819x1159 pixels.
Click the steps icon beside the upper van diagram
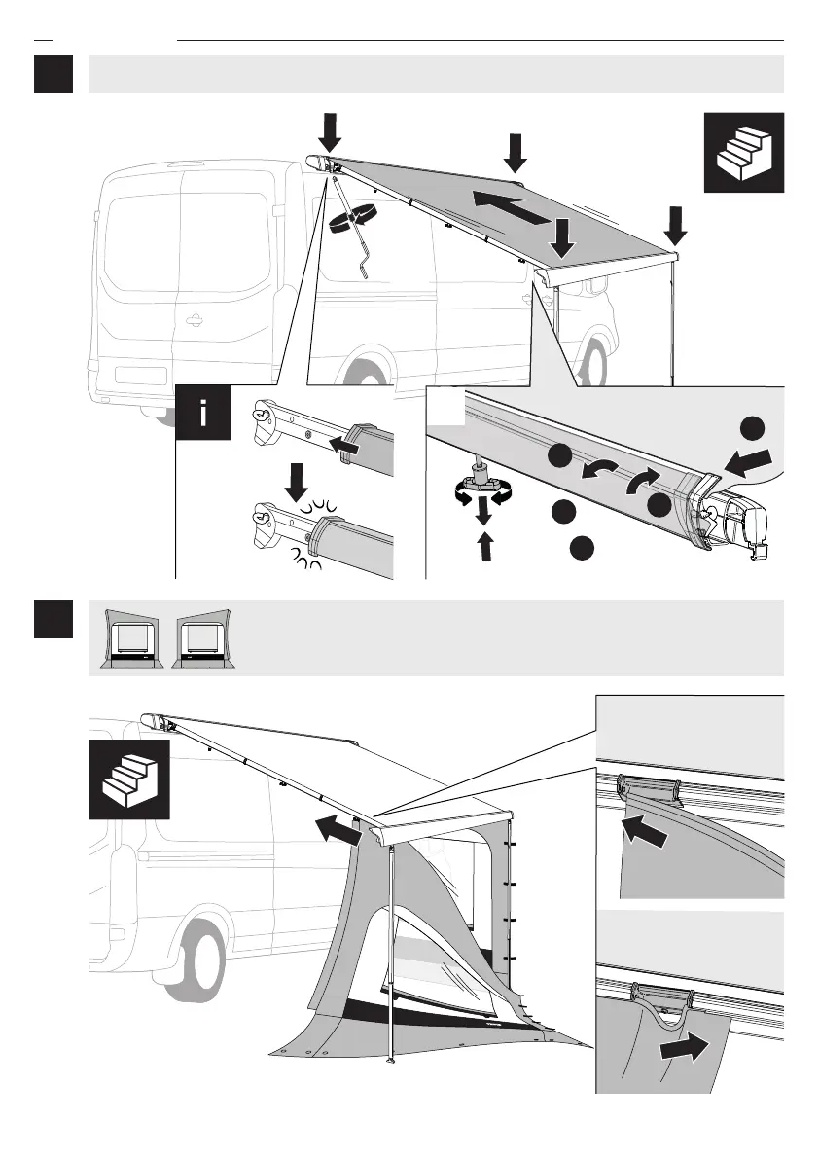[x=744, y=151]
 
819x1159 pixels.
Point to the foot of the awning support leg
[x=390, y=1057]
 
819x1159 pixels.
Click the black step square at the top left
[x=53, y=74]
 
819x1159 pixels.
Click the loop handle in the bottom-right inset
[x=663, y=1001]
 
